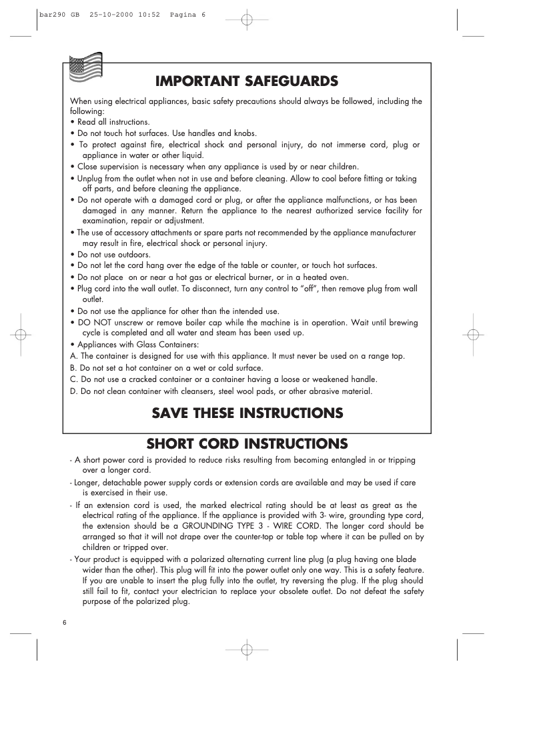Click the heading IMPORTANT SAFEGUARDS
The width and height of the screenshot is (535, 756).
247,81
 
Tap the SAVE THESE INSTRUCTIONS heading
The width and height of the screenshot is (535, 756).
247,413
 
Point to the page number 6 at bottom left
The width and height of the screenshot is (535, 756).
65,622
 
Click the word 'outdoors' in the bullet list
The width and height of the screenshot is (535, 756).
135,255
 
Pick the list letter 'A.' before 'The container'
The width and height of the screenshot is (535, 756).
73,356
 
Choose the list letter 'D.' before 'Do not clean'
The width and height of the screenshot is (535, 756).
74,391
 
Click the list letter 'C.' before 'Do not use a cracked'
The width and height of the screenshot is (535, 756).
74,379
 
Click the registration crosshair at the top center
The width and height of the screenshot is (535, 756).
246,19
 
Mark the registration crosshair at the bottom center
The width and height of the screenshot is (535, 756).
246,649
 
